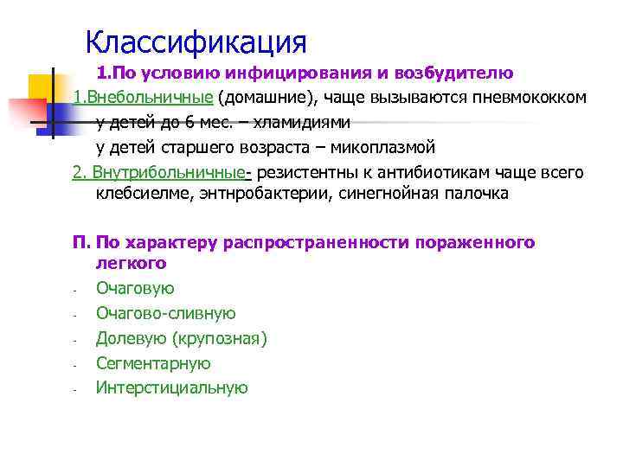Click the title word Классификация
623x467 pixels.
(196, 41)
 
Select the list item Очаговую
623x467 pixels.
(135, 289)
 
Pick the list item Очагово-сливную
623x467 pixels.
(165, 314)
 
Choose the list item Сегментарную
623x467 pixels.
(153, 363)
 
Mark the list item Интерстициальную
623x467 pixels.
(172, 388)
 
